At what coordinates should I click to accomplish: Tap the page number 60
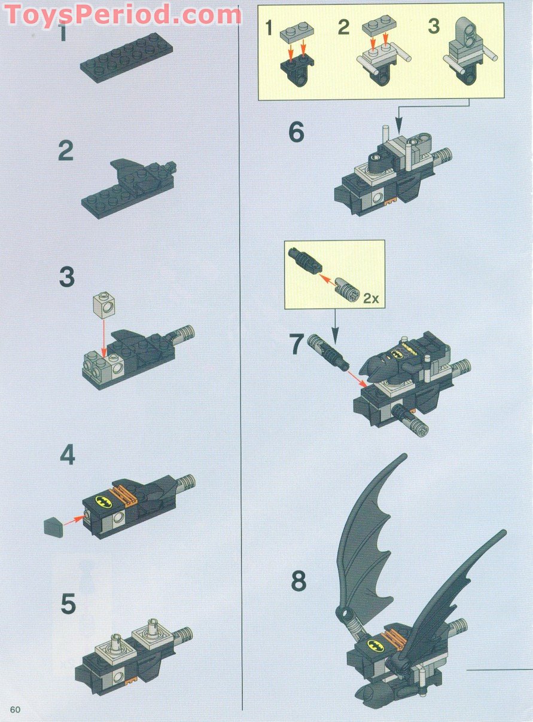tap(15, 709)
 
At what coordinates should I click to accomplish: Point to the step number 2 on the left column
tap(66, 151)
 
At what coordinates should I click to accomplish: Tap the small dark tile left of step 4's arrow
tap(53, 527)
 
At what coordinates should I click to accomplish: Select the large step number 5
tap(68, 604)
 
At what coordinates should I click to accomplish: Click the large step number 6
tap(296, 132)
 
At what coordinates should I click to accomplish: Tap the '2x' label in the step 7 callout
tap(371, 298)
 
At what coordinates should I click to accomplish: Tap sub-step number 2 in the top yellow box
tap(343, 27)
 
